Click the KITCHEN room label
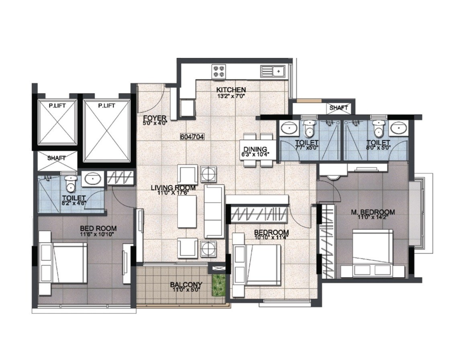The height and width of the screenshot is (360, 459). [231, 89]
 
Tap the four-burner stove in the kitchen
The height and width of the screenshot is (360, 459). [219, 71]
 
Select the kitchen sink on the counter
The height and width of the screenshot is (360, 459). [273, 71]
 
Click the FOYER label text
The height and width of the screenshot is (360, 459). [153, 118]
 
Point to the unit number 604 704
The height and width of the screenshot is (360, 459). [193, 137]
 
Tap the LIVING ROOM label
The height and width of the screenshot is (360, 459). [173, 188]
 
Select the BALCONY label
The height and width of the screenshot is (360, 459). [186, 285]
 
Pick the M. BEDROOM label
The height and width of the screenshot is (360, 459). [372, 212]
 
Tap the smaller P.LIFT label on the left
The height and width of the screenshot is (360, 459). [57, 105]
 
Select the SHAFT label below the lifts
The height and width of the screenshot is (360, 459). [56, 158]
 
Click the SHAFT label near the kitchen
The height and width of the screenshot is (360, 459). [338, 108]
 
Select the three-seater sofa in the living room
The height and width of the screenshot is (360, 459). [214, 211]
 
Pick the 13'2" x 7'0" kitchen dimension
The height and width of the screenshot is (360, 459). [231, 96]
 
